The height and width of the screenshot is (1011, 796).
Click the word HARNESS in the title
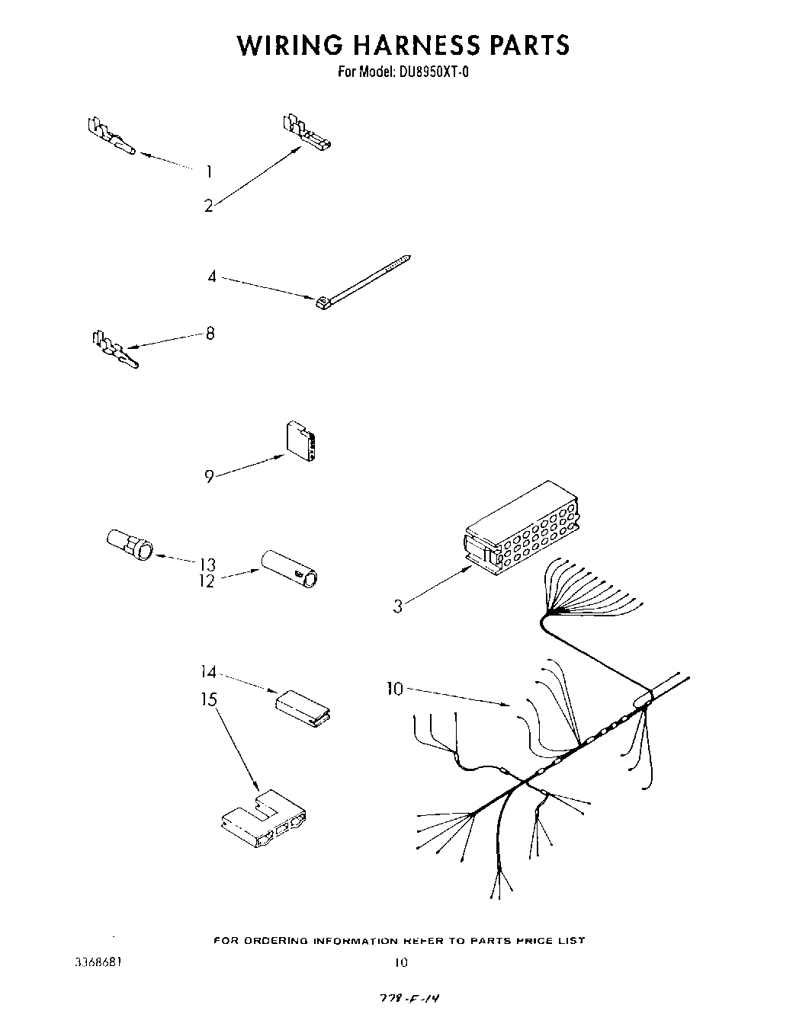point(403,45)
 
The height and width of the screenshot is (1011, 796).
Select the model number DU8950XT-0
point(430,73)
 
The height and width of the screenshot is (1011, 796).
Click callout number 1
point(208,172)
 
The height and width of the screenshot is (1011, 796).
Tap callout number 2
point(208,206)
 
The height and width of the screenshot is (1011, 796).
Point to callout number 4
point(212,277)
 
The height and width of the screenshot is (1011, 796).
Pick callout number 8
point(210,333)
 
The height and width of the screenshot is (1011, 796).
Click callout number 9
point(209,478)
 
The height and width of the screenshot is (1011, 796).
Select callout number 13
point(207,565)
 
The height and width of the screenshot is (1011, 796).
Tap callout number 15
point(209,699)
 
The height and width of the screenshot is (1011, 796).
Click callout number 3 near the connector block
point(397,607)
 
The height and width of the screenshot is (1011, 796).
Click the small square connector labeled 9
point(301,441)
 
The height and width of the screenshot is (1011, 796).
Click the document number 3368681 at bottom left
point(97,961)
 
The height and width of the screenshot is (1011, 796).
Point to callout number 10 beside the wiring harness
point(394,689)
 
